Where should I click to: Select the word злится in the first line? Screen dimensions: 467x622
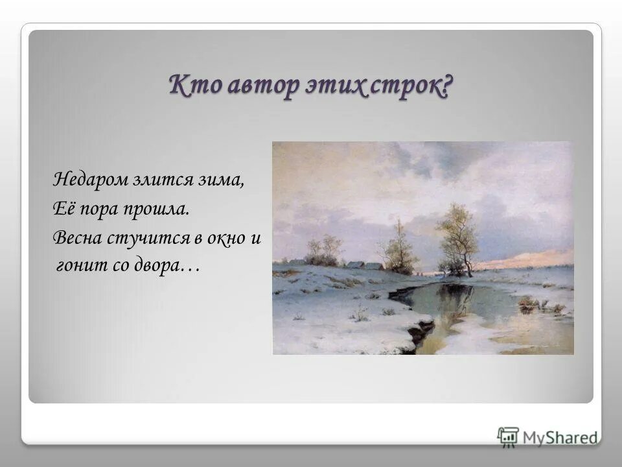160,179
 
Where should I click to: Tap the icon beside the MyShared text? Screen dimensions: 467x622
508,436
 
